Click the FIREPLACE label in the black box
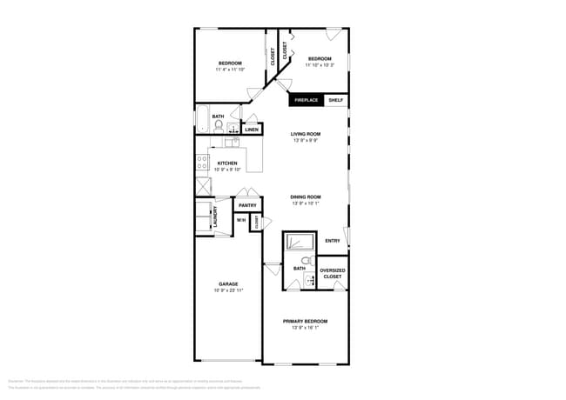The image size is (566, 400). (307, 100)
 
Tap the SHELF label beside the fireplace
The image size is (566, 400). (336, 100)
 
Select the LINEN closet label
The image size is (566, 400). (252, 130)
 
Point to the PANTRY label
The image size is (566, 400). (247, 205)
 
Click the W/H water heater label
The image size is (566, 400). (241, 221)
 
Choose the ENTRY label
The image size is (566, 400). (333, 241)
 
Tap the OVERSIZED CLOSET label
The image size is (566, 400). (332, 273)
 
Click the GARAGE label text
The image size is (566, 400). (228, 284)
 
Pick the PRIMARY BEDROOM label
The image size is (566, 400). (305, 321)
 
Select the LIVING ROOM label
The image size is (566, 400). (306, 134)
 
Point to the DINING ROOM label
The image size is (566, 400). (306, 197)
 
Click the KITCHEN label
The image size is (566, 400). (227, 163)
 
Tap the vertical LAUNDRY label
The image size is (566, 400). (214, 217)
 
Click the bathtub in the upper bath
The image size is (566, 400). (201, 120)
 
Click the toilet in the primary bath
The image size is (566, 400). (306, 260)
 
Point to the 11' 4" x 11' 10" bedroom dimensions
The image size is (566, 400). (230, 70)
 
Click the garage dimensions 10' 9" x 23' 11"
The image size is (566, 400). (228, 290)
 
